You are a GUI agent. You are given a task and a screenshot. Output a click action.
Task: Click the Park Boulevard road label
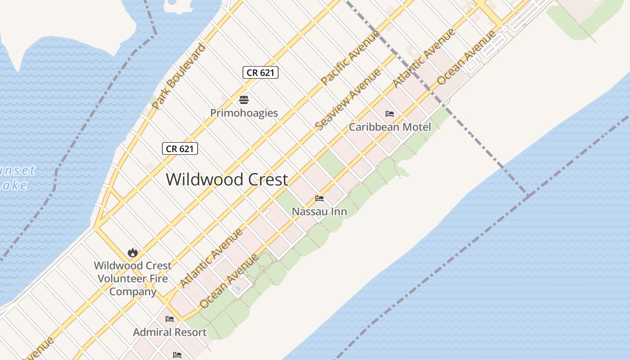click(179, 76)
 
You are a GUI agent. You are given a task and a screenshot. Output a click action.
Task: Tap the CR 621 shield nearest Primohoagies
click(260, 72)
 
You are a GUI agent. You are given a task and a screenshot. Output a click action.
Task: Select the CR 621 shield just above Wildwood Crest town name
click(180, 148)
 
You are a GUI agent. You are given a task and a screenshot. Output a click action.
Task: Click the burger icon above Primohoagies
click(244, 99)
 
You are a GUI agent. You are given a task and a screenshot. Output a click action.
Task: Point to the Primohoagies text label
click(244, 112)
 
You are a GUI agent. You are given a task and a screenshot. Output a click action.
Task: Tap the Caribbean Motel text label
click(390, 127)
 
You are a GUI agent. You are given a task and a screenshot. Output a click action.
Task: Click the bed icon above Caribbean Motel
click(390, 114)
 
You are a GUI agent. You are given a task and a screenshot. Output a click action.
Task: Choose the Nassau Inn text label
click(319, 211)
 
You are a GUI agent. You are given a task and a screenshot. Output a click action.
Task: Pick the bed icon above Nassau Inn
click(319, 198)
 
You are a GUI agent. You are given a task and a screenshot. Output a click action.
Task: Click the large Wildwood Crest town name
click(227, 179)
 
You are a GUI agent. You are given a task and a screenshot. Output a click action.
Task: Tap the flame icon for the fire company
click(132, 252)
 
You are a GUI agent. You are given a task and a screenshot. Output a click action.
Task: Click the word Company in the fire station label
click(132, 292)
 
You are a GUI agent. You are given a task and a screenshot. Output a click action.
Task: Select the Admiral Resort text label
click(170, 332)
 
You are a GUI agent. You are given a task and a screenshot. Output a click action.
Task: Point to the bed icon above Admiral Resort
click(170, 319)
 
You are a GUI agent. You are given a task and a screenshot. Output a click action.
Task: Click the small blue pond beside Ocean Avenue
click(238, 287)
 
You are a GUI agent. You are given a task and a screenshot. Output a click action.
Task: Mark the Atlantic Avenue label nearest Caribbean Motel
click(424, 58)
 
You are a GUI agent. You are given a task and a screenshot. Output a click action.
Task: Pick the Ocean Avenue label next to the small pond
click(229, 281)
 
